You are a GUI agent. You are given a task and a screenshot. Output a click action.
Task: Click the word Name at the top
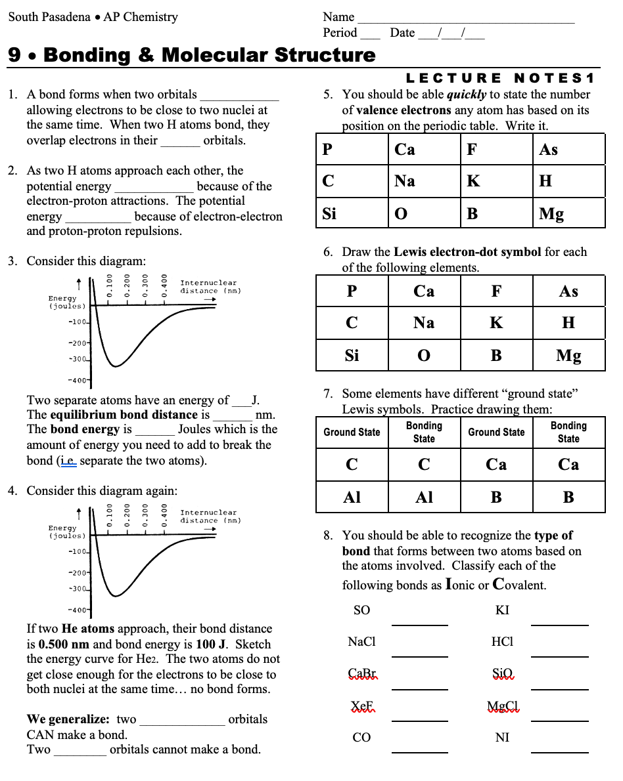(x=338, y=17)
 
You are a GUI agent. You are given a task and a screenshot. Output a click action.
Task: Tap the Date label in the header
(x=402, y=33)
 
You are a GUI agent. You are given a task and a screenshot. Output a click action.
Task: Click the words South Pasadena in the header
(x=49, y=17)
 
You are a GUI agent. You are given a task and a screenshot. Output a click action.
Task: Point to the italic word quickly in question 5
(x=467, y=95)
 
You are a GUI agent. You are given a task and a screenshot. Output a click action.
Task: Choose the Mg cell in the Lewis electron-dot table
(x=568, y=356)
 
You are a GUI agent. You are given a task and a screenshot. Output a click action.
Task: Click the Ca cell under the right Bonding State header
(x=568, y=465)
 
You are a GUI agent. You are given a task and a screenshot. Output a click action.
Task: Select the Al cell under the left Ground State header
(x=352, y=497)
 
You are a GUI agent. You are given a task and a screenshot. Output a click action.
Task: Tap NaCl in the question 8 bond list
(x=361, y=642)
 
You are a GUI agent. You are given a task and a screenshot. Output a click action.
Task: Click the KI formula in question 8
(x=502, y=610)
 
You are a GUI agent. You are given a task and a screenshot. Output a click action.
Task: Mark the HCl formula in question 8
(x=502, y=642)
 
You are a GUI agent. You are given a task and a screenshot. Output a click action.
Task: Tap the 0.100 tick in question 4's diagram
(x=110, y=515)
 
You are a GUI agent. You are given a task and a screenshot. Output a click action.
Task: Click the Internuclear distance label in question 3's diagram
(x=208, y=287)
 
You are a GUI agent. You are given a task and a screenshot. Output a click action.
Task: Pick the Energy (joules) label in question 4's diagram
(x=62, y=532)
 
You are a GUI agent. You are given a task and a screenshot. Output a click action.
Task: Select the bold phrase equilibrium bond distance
(x=124, y=415)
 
